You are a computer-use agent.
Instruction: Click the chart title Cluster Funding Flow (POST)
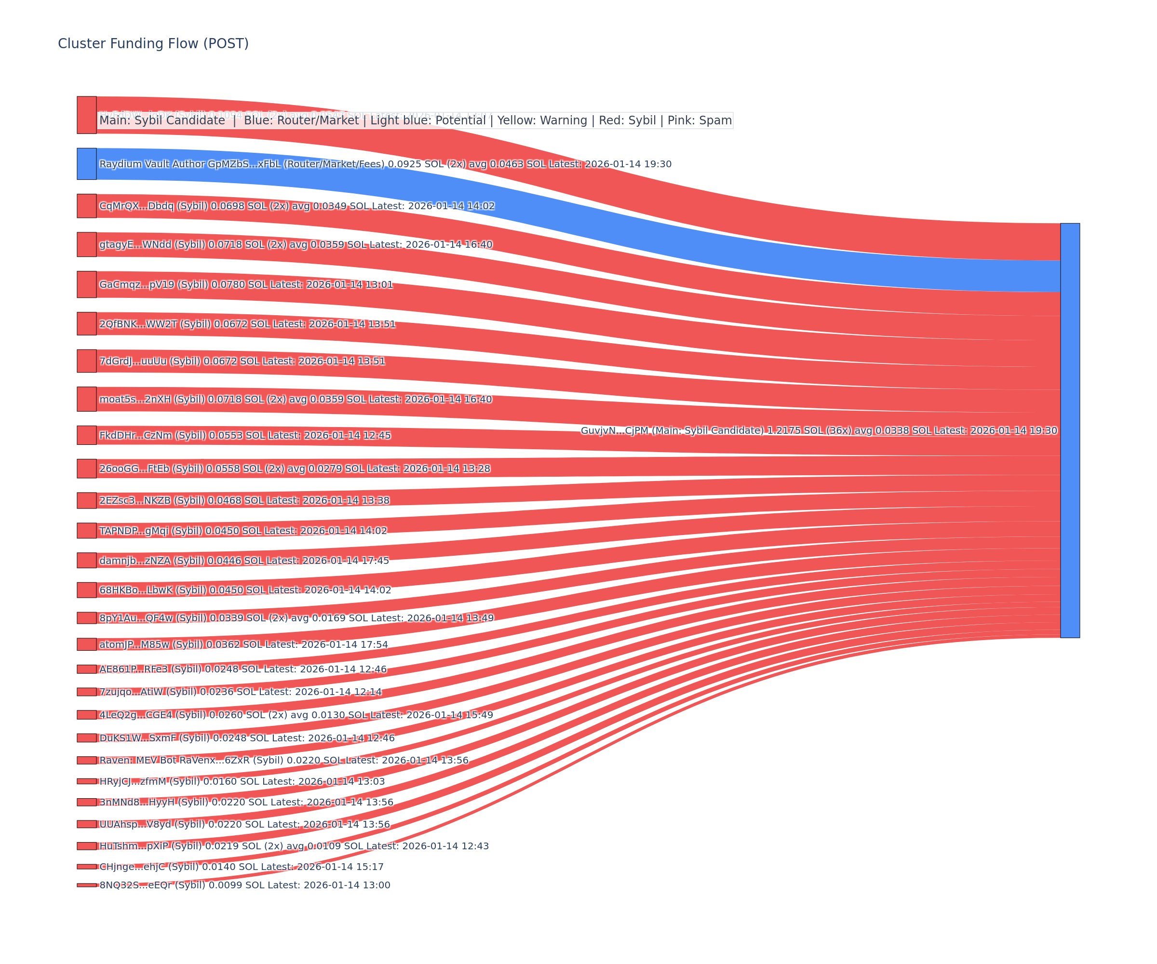point(153,43)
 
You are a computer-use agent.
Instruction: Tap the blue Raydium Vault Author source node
point(86,163)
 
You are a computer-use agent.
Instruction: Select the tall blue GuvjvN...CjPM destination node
point(1070,430)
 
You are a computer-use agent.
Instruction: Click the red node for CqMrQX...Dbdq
point(86,206)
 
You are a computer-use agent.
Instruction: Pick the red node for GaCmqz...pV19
point(86,284)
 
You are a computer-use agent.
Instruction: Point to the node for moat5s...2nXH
point(86,399)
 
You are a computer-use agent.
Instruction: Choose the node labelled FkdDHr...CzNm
point(86,435)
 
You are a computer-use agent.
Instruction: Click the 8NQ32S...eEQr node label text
point(244,885)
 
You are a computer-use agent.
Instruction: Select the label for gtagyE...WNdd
point(296,244)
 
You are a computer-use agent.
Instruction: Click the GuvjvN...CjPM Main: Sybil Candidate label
point(819,430)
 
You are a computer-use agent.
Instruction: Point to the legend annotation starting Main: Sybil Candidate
point(416,120)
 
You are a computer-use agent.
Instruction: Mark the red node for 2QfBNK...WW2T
point(86,323)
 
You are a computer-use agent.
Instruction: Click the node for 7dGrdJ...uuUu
point(86,361)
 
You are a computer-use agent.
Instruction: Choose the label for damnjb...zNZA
point(244,561)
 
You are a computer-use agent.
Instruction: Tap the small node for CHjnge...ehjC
point(86,867)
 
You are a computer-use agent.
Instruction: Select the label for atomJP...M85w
point(243,644)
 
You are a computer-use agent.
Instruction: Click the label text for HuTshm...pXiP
point(294,846)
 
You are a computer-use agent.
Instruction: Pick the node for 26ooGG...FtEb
point(86,468)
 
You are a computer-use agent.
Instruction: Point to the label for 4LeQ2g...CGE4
point(296,715)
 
